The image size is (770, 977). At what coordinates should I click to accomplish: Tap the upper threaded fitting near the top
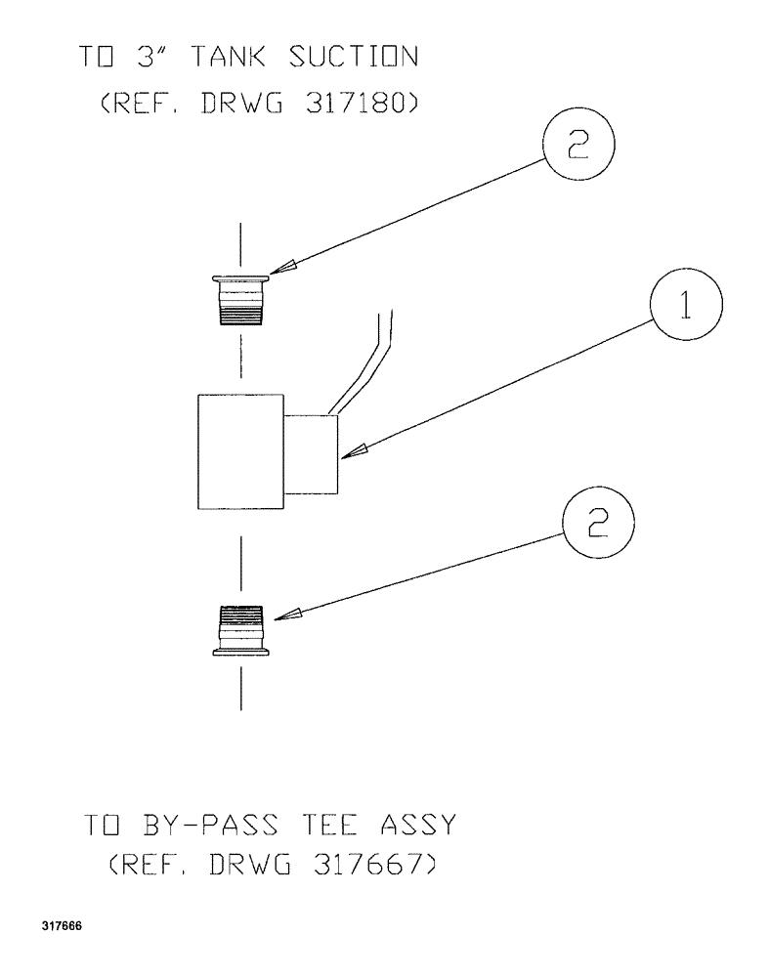240,300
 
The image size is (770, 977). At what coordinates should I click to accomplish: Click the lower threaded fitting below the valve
240,630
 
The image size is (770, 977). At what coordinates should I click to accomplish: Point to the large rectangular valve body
240,451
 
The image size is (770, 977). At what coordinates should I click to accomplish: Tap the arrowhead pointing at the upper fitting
285,267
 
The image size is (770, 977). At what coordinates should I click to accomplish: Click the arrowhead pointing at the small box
358,449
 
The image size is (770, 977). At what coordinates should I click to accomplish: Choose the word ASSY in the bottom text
420,826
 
